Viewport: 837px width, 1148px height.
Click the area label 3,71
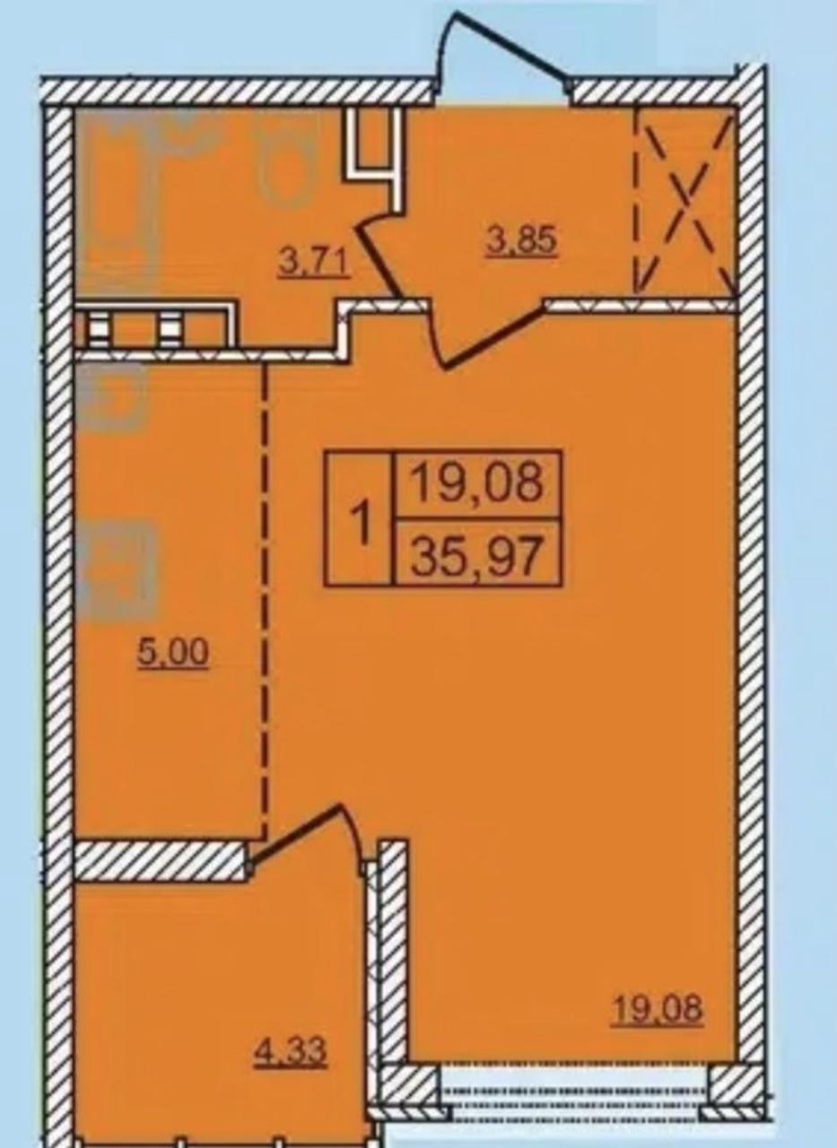coord(314,263)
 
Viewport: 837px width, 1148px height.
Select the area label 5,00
coord(173,653)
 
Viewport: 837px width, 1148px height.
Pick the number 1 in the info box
coord(362,517)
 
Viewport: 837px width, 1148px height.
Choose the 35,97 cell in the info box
coord(477,552)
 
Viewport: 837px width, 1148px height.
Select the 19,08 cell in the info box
coord(477,483)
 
